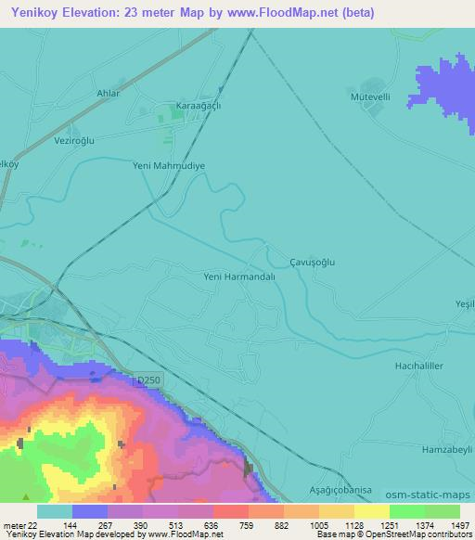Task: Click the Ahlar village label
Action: (109, 94)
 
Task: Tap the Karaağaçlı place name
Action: (199, 106)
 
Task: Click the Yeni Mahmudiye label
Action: (169, 165)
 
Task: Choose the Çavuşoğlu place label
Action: (312, 262)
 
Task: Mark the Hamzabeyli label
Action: (442, 447)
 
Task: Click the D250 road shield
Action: (145, 379)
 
